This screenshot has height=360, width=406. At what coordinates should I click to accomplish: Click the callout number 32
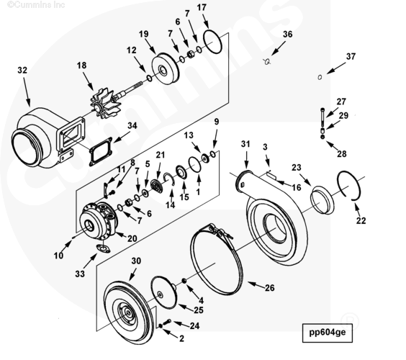point(22,71)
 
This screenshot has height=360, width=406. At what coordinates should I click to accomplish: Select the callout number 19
point(143,34)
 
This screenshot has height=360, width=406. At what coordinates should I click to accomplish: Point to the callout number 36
point(287,34)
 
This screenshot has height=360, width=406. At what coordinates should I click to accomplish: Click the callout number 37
point(351,56)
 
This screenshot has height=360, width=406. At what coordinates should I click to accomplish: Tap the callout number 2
point(181,338)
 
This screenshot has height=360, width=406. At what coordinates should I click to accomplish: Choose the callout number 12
point(131,50)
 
